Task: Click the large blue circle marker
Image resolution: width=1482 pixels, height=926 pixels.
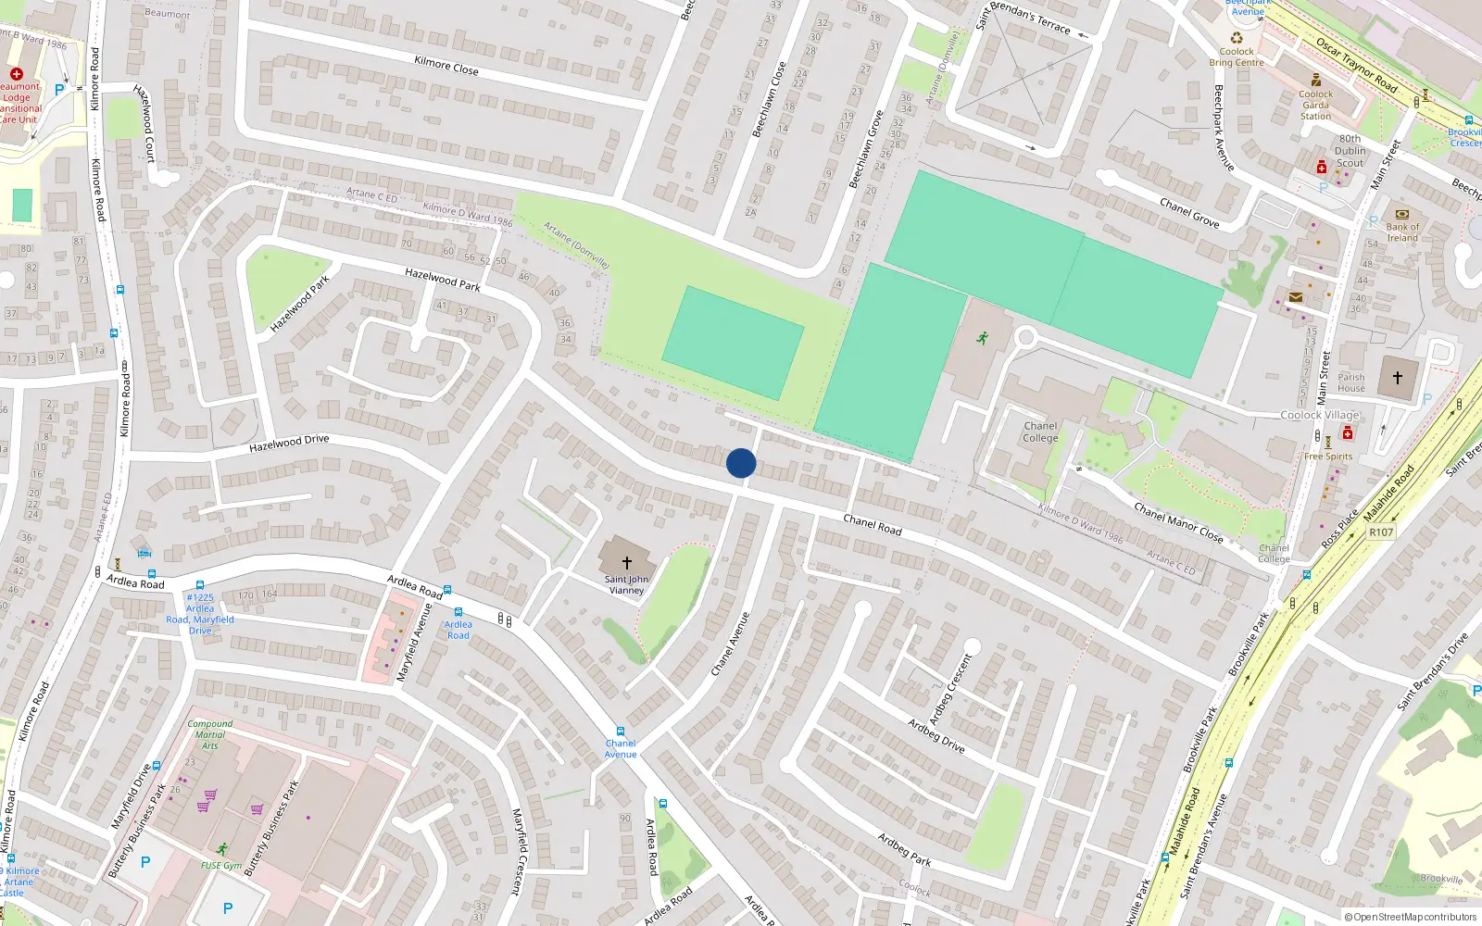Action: [x=741, y=463]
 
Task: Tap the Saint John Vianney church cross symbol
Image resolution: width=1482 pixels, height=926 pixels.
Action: [x=627, y=562]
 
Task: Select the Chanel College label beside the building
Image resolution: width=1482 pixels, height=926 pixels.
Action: [x=1040, y=432]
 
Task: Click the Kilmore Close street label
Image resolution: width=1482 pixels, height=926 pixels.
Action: [x=446, y=65]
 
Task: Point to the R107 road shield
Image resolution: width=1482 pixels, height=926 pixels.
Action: [x=1381, y=532]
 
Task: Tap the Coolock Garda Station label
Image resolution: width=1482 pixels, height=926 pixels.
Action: [x=1315, y=105]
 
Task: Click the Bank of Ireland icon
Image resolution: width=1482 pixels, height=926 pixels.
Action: [x=1401, y=214]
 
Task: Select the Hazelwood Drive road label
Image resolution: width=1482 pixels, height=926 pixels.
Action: [x=289, y=444]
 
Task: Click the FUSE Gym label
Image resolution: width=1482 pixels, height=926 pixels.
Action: [x=220, y=866]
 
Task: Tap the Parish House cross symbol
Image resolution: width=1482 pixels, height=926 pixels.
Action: [x=1398, y=377]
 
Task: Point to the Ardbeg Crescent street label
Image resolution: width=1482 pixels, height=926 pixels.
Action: [x=951, y=690]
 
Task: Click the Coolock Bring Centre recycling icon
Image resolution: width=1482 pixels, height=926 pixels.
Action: [x=1237, y=38]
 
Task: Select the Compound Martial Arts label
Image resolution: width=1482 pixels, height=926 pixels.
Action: [x=210, y=734]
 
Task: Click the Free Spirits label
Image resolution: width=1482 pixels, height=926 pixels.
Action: [x=1328, y=457]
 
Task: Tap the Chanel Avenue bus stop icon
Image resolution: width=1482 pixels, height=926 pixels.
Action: [x=621, y=732]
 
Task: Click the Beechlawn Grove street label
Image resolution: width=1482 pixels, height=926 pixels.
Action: [x=867, y=149]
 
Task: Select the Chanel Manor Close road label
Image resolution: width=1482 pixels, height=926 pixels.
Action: [x=1178, y=523]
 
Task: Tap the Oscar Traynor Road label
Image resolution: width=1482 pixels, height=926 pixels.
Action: [x=1357, y=65]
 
